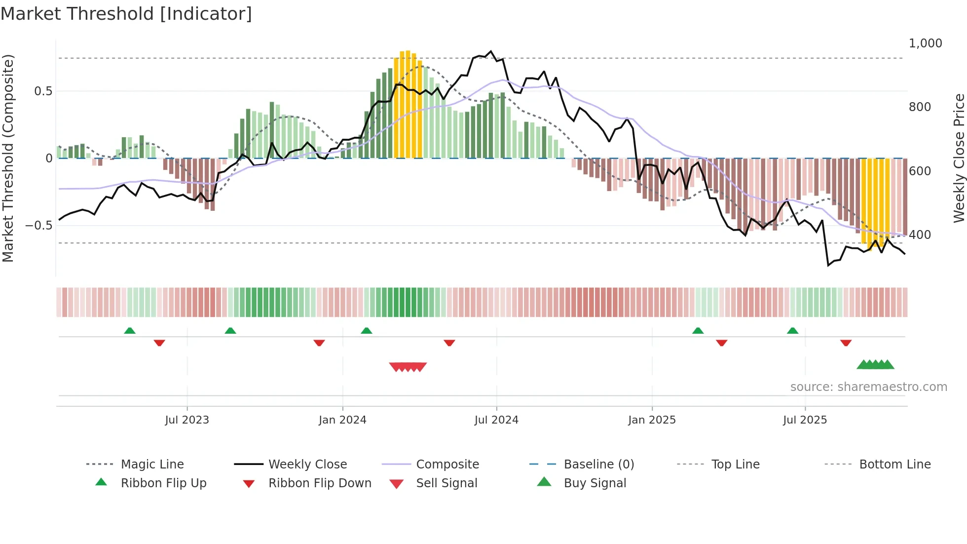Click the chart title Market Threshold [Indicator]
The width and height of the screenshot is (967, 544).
(126, 14)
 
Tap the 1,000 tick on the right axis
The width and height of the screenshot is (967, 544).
(925, 43)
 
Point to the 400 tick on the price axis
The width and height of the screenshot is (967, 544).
(920, 235)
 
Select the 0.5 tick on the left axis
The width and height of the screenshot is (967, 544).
(43, 91)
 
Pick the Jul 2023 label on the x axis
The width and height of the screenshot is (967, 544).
(187, 420)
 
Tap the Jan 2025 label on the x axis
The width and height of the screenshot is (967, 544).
(652, 420)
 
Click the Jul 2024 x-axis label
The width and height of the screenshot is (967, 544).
(496, 420)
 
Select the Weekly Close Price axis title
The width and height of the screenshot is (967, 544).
(959, 158)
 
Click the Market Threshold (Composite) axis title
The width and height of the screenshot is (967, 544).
(8, 158)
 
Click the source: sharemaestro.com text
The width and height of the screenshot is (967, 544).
(868, 387)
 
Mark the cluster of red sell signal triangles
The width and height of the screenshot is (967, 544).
(408, 367)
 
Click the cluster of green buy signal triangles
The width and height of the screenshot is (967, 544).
(876, 365)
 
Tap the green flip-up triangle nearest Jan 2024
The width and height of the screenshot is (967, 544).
(366, 331)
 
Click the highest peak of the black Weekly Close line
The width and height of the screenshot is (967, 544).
(490, 51)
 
